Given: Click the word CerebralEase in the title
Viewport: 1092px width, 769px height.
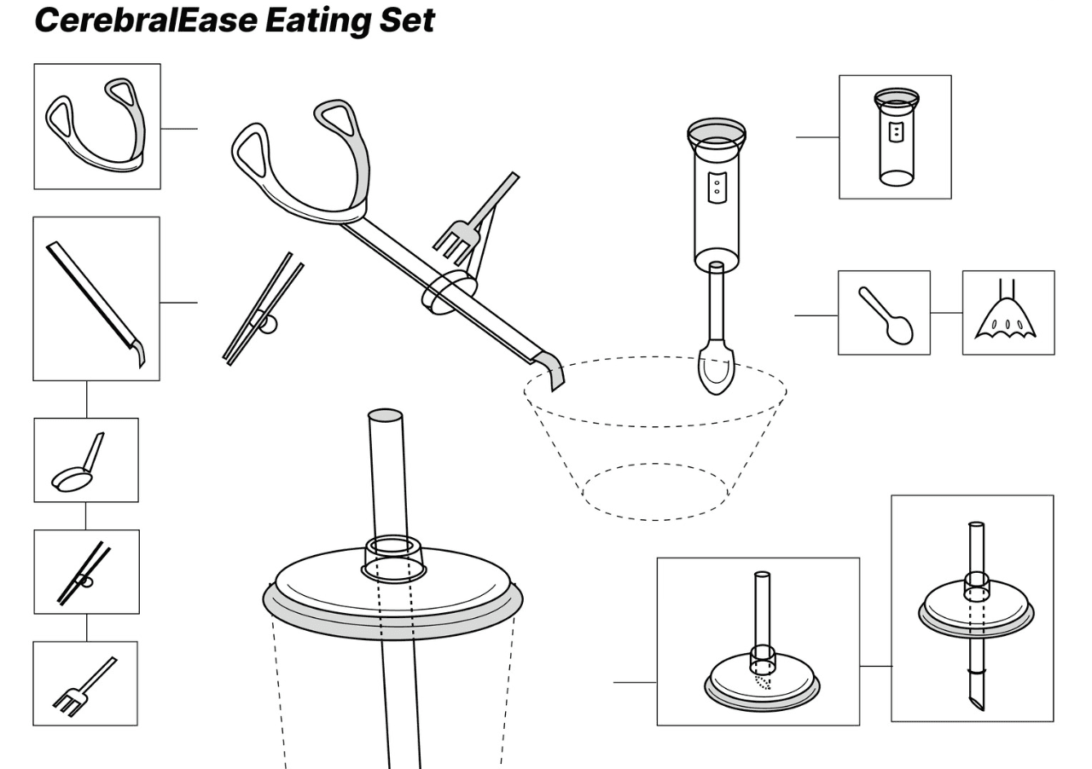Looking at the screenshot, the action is tap(146, 21).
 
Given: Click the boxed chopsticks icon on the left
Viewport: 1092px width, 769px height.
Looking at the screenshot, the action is tap(84, 574).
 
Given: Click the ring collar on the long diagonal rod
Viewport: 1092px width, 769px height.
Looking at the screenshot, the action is tap(449, 293).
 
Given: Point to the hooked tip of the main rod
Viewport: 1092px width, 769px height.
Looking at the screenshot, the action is tap(555, 372).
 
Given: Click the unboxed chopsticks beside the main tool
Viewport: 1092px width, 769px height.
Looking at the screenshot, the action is tap(264, 309).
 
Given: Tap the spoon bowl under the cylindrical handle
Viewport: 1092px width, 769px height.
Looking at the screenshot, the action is tap(716, 369).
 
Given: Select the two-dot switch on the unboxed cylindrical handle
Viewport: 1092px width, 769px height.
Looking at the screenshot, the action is tap(717, 187).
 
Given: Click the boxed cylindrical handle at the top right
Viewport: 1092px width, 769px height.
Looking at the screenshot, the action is tap(896, 137).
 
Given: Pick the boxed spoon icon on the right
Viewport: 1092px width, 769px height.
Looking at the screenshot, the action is tap(885, 315).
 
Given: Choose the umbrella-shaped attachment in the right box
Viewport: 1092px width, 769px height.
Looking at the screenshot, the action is tap(1005, 318).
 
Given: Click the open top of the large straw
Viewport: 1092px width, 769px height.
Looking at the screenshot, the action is tap(385, 414).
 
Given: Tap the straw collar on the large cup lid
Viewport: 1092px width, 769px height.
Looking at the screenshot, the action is tap(393, 560).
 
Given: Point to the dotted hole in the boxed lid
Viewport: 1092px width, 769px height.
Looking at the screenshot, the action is tap(763, 682).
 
